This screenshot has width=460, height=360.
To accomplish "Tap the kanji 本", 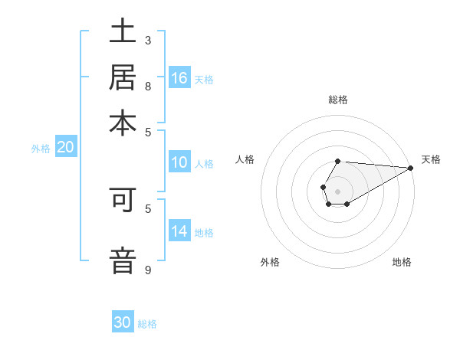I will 123,123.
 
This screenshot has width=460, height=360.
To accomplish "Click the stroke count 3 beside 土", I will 148,40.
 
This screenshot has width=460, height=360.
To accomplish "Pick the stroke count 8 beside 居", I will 148,86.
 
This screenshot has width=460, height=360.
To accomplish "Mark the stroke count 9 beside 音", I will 148,270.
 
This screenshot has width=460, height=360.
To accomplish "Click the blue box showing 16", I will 179,78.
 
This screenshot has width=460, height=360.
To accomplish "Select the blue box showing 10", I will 179,162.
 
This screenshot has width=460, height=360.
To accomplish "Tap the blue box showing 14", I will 179,231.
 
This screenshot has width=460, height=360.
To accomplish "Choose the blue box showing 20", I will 65,148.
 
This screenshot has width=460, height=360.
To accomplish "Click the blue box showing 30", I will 123,322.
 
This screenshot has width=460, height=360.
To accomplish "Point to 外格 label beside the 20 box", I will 40,149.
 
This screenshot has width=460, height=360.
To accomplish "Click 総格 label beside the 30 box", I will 147,323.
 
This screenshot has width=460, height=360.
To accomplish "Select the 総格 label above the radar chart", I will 337,100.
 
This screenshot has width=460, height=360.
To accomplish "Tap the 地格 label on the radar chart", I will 402,262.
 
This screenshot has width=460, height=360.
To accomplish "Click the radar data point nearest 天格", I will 411,168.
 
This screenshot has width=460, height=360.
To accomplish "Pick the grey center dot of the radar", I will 337,190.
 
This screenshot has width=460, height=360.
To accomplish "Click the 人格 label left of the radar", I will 245,159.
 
